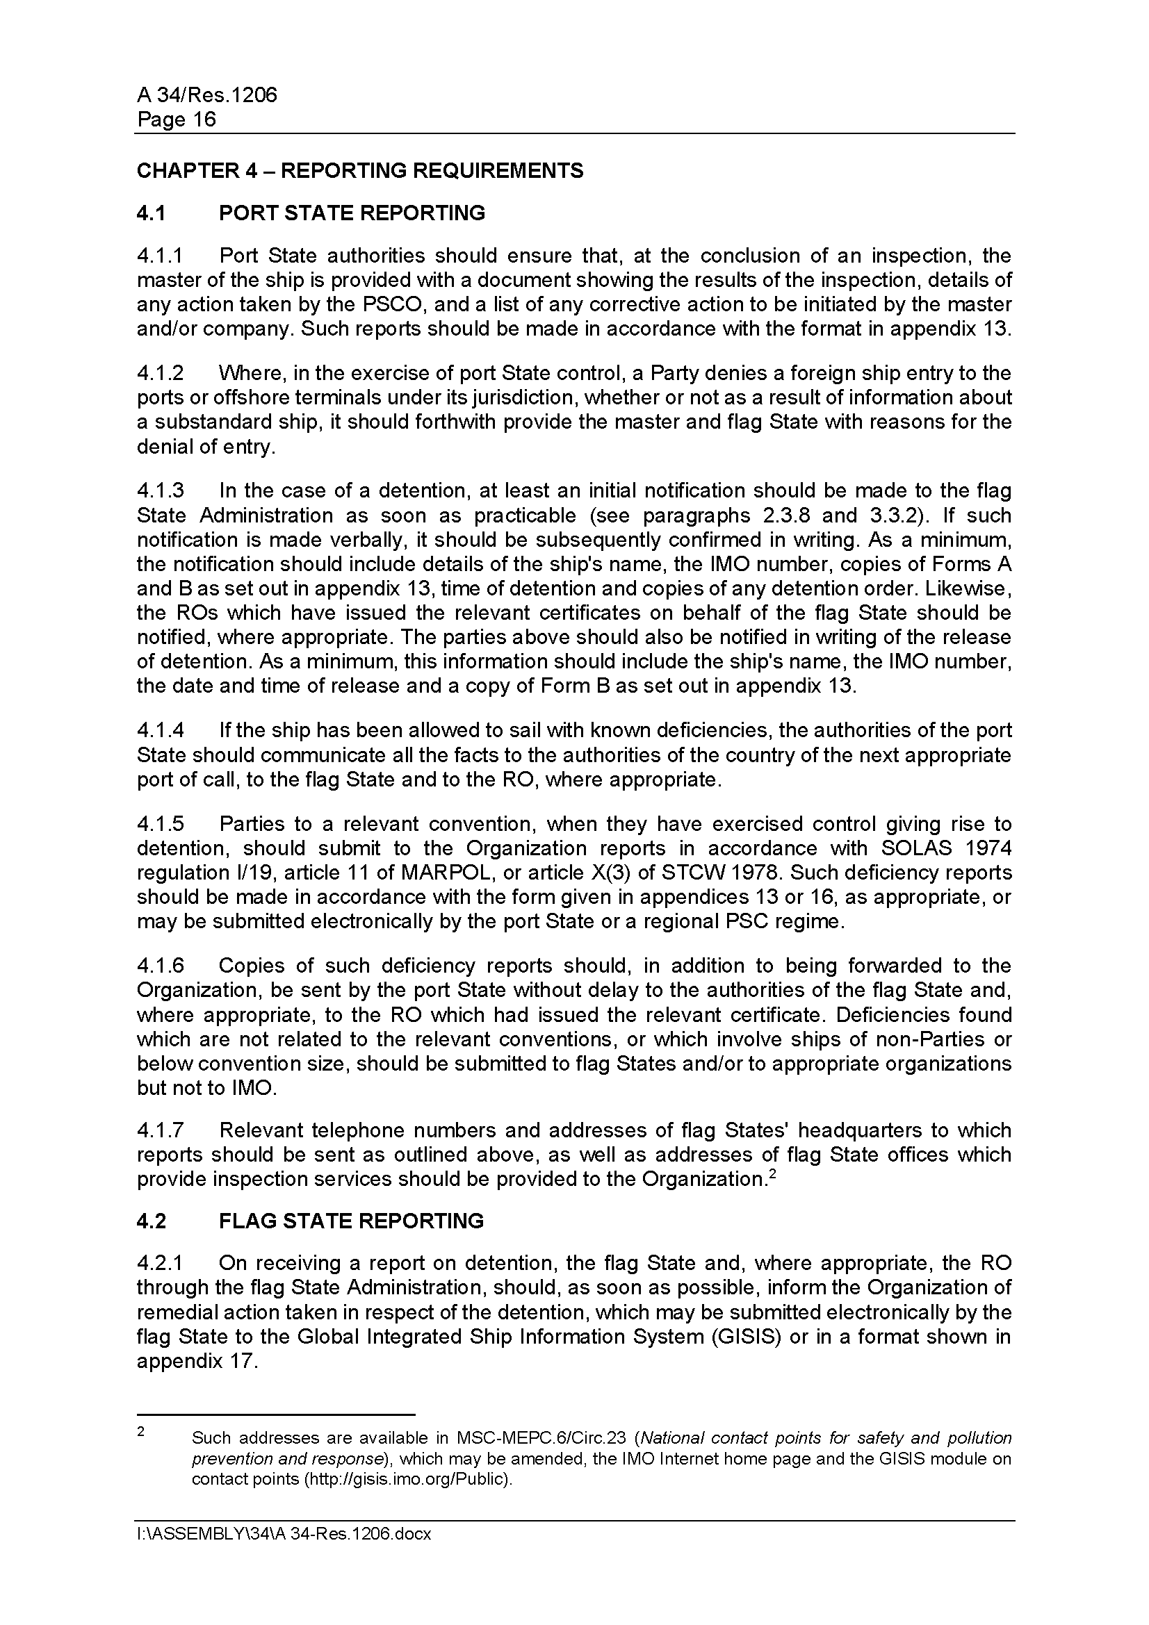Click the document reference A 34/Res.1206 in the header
pyautogui.click(x=206, y=95)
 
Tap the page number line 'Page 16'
pyautogui.click(x=177, y=119)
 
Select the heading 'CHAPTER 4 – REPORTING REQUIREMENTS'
pyautogui.click(x=359, y=171)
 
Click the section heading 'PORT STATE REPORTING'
pyautogui.click(x=352, y=213)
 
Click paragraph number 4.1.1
pyautogui.click(x=160, y=256)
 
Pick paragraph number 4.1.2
pyautogui.click(x=160, y=373)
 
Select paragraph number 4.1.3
pyautogui.click(x=160, y=490)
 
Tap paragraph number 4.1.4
pyautogui.click(x=160, y=729)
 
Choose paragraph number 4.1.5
pyautogui.click(x=160, y=824)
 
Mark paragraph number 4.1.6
pyautogui.click(x=160, y=966)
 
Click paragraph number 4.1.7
pyautogui.click(x=160, y=1130)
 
